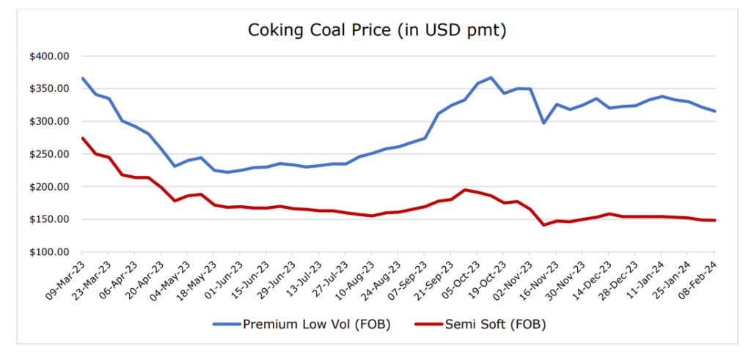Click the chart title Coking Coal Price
378,31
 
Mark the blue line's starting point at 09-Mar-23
82,78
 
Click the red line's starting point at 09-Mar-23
82,138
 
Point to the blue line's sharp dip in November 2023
543,122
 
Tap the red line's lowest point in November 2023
543,224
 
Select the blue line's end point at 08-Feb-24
715,111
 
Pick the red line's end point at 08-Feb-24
715,220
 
